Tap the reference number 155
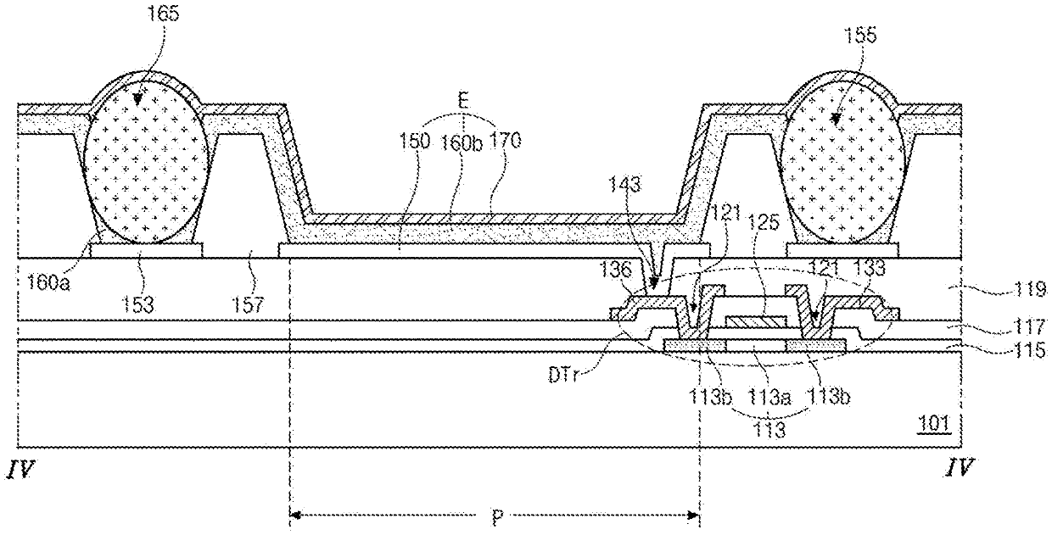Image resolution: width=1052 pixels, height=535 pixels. click(x=860, y=35)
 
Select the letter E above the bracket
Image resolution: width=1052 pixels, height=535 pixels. click(x=463, y=101)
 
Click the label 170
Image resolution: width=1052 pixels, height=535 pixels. click(x=505, y=140)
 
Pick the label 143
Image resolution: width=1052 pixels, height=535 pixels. click(x=625, y=185)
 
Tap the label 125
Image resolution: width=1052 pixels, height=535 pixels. click(x=764, y=222)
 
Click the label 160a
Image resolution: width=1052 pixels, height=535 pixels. click(x=49, y=283)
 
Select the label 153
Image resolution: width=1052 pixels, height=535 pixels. click(x=138, y=304)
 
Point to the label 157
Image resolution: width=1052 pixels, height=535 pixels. click(x=249, y=304)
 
